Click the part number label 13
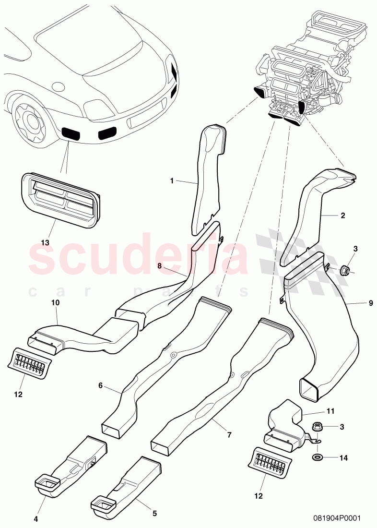click(45, 243)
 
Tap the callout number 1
click(171, 181)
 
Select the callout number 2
click(343, 216)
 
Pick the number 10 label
click(55, 303)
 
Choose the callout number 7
click(229, 435)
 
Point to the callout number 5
click(154, 513)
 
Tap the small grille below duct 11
click(270, 462)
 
